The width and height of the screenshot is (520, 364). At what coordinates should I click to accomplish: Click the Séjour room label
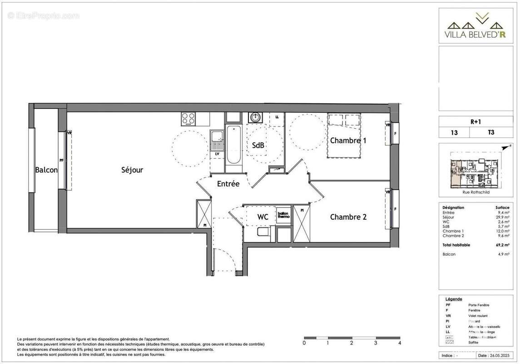point(132,170)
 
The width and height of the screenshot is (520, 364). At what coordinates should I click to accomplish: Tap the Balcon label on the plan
point(46,170)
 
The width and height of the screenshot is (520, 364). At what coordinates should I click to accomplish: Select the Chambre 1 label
point(348,141)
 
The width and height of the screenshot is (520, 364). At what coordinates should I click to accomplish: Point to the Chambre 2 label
point(348,217)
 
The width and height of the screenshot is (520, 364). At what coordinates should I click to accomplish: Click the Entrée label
point(228,184)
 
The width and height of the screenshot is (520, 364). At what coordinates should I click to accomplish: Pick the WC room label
point(262,217)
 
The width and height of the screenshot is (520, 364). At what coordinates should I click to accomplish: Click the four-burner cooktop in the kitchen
point(188,119)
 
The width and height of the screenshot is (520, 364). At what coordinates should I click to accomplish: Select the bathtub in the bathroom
point(234,144)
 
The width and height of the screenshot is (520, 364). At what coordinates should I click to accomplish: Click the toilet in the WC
point(263,233)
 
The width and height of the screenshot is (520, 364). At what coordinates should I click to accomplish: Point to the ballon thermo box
point(283,215)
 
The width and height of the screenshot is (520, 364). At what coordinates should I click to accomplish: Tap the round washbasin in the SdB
point(254,117)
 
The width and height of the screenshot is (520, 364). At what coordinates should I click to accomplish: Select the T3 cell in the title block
point(491,133)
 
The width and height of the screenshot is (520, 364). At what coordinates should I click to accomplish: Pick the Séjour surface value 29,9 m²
point(503,217)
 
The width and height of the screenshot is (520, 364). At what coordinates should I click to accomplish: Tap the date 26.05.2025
point(493,355)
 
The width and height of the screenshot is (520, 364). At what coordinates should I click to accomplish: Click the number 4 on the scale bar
point(400,343)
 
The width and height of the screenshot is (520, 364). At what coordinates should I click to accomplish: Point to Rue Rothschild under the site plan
point(476,192)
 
